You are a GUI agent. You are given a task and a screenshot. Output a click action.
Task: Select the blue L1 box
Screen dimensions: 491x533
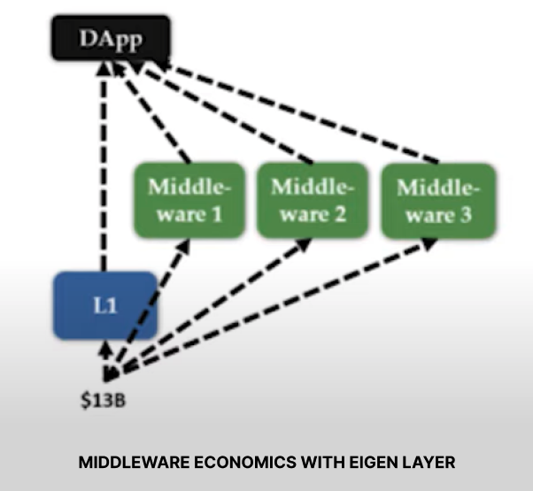tap(104, 305)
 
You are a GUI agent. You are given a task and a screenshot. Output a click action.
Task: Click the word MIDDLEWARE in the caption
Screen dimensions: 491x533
tap(135, 463)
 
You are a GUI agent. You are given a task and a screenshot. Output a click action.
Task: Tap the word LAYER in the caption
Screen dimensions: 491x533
tap(427, 463)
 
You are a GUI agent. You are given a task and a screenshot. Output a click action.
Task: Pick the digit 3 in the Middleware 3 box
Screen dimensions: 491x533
tap(465, 214)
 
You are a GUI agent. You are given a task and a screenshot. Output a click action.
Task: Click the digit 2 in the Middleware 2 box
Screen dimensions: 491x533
tap(339, 214)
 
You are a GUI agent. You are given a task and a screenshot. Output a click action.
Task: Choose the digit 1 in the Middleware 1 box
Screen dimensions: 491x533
tap(213, 214)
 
